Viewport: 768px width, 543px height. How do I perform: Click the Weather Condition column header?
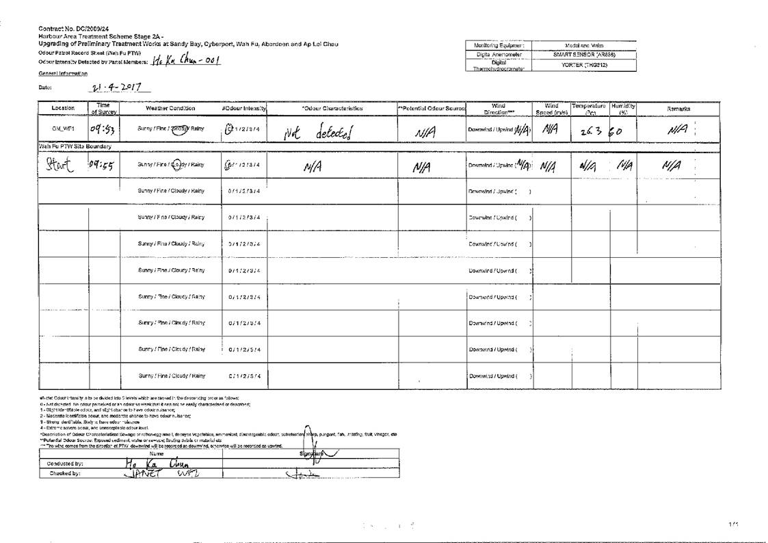(170, 108)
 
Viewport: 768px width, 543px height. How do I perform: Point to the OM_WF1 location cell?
(63, 128)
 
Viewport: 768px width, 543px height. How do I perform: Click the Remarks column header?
(678, 108)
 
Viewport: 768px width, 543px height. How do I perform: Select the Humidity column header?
(623, 108)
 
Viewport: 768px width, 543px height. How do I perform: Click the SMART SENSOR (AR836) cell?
(584, 55)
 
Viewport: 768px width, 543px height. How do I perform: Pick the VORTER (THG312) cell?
(584, 65)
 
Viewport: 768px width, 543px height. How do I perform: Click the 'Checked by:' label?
(65, 473)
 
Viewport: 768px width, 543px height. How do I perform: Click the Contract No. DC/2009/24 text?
(74, 28)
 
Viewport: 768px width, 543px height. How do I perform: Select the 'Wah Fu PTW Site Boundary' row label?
(75, 146)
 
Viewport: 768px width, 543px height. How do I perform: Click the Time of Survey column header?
(103, 108)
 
